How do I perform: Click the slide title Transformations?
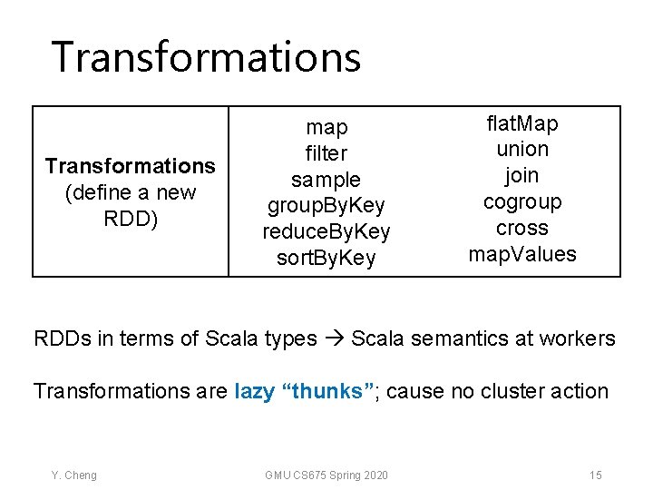(206, 56)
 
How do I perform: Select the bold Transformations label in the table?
(130, 166)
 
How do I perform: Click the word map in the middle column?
(326, 127)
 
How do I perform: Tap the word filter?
(326, 153)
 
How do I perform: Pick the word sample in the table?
(326, 180)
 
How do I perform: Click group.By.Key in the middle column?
(326, 206)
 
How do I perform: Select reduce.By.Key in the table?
(326, 232)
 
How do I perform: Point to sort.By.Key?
(326, 259)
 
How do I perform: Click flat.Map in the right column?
(522, 122)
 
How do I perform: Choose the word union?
(522, 149)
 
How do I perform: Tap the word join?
(522, 175)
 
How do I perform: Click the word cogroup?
(522, 201)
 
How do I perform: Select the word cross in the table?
(522, 228)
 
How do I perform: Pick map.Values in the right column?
(522, 254)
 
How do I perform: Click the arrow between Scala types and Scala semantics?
(333, 339)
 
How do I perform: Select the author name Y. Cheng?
(73, 475)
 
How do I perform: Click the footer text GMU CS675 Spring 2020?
(326, 475)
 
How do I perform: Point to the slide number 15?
(595, 475)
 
